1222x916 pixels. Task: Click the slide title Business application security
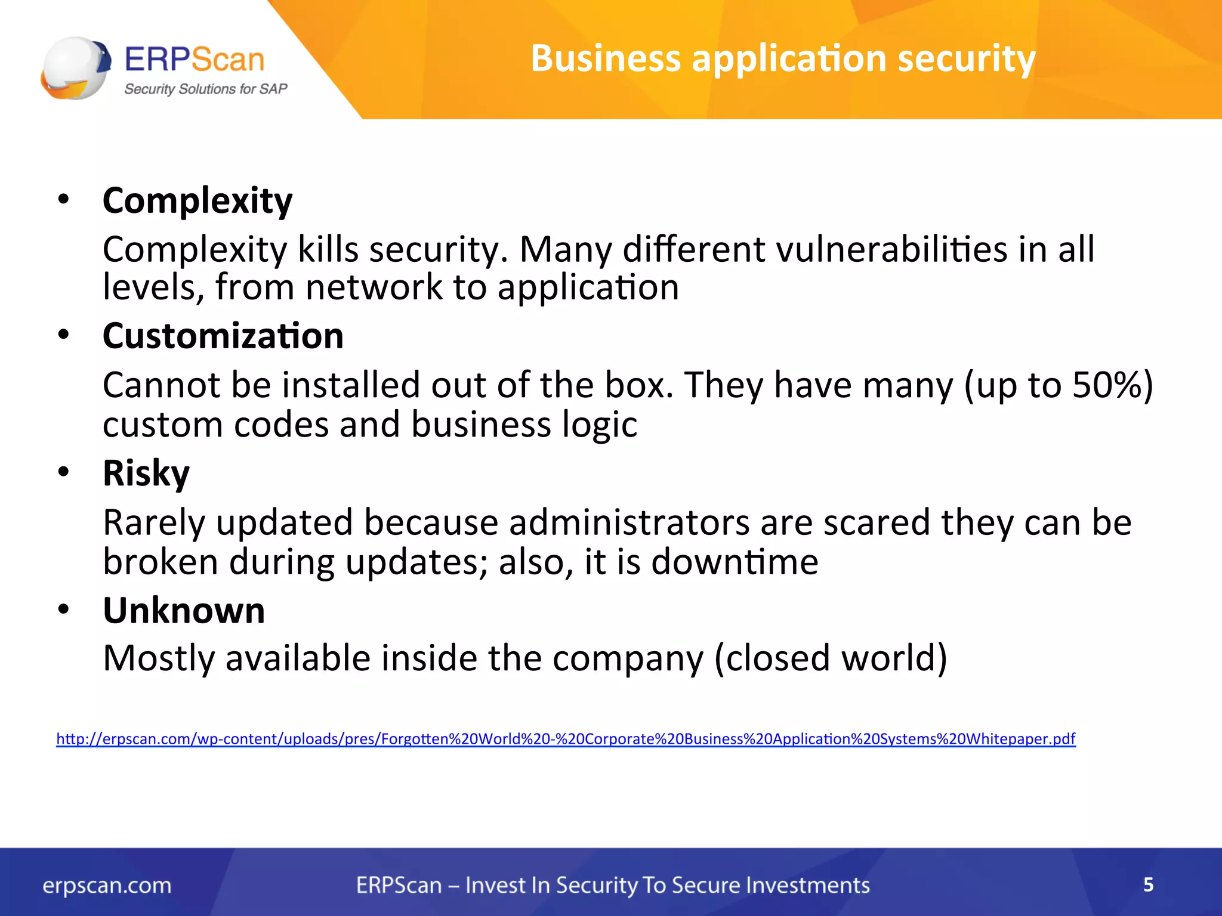783,58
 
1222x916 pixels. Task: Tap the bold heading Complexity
198,200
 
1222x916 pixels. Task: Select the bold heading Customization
223,336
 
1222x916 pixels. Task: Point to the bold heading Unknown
184,611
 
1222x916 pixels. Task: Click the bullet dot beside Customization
64,335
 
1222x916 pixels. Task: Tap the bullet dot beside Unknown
64,609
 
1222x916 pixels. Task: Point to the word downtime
735,562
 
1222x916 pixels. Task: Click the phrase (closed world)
831,658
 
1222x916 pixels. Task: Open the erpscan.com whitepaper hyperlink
566,739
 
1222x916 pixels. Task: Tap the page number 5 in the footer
1148,884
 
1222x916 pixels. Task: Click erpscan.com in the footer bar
107,886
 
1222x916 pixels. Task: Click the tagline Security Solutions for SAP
205,89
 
